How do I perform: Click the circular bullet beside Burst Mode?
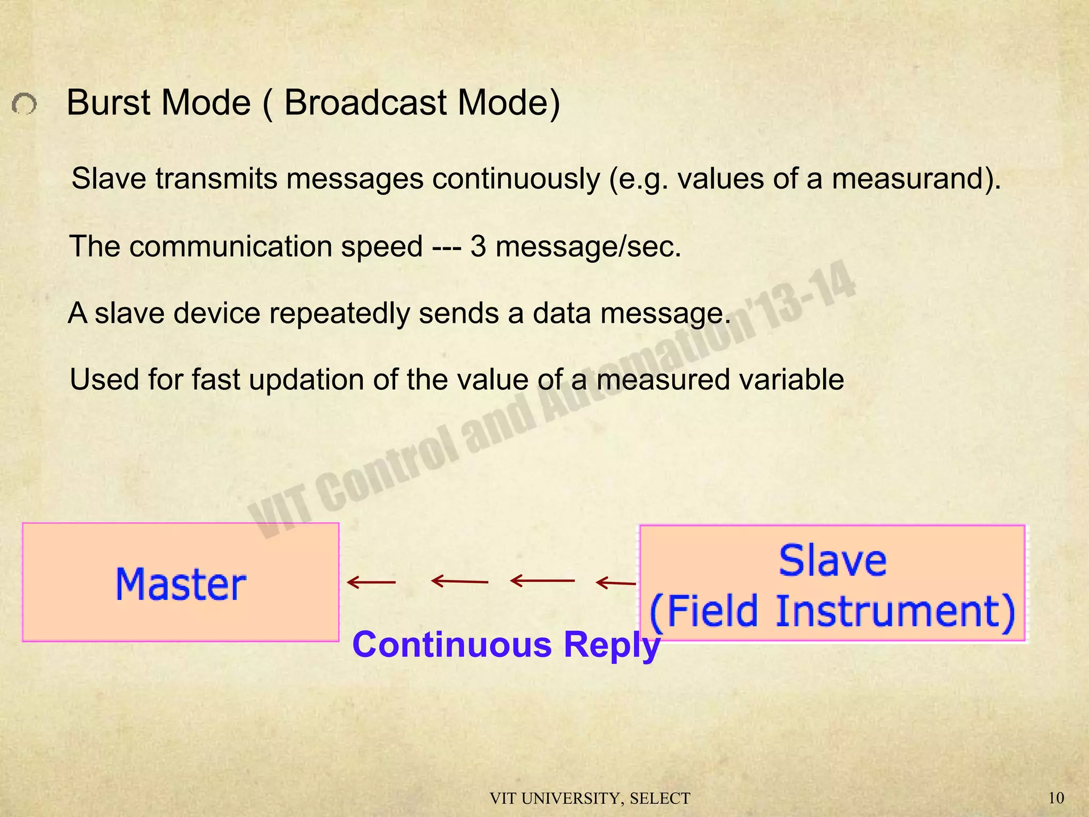click(x=24, y=104)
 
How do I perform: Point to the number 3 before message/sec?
click(x=478, y=247)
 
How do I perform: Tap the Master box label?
click(x=181, y=584)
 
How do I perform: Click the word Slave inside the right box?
click(x=833, y=561)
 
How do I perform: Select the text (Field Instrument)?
click(x=833, y=611)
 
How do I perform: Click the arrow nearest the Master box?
click(x=371, y=582)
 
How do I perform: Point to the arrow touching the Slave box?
click(x=616, y=583)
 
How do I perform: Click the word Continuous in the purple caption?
click(x=452, y=645)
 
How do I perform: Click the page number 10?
click(x=1056, y=798)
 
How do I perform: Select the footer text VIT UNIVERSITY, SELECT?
click(x=590, y=799)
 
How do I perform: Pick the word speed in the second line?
click(x=381, y=247)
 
